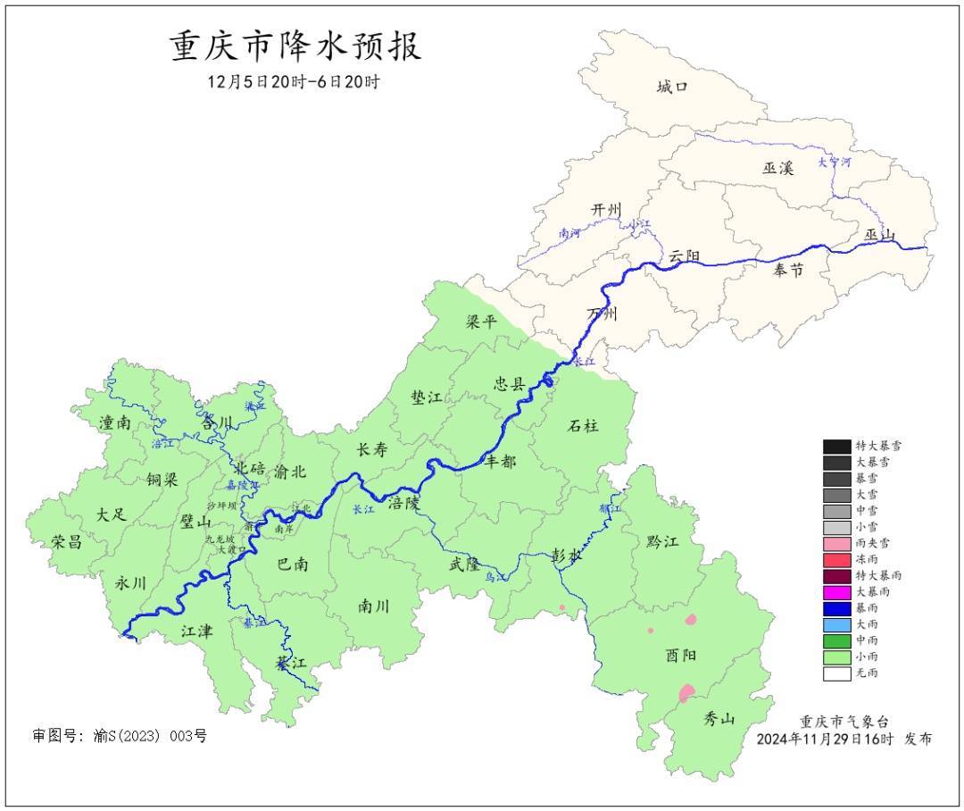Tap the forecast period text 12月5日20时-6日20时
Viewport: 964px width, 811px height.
294,82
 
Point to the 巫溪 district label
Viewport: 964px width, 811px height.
777,168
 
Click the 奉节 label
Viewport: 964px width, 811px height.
787,270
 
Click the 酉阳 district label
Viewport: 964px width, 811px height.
681,655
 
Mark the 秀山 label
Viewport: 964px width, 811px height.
719,717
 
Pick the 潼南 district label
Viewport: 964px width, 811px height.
116,423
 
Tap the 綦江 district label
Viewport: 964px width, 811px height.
291,664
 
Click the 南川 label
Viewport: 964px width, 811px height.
374,606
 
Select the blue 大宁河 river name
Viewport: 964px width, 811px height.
835,163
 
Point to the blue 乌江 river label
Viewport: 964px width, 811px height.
495,578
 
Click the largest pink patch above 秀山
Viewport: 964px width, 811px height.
686,692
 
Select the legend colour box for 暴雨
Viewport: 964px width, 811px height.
836,608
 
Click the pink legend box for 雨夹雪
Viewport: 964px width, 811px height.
836,543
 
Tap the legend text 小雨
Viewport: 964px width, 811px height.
867,656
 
